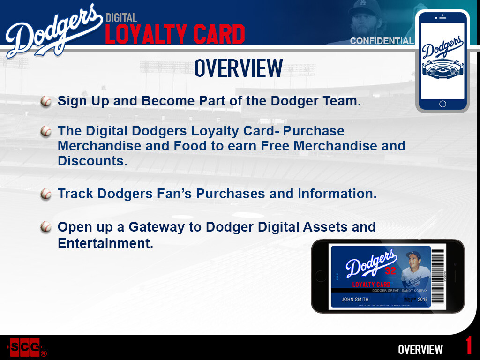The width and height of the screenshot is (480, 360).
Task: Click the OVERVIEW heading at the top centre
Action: [239, 68]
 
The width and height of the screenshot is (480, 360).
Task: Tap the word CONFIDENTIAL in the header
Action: [382, 41]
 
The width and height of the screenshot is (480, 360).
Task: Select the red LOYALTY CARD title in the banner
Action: [175, 35]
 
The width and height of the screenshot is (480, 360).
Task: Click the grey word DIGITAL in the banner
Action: [121, 18]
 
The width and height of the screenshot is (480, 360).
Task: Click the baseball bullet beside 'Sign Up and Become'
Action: [46, 101]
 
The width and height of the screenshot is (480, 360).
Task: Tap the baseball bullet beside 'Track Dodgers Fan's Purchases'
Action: [46, 194]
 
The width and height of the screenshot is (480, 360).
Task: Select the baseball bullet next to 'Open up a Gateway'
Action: [46, 227]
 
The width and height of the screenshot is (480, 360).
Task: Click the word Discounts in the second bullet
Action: [92, 161]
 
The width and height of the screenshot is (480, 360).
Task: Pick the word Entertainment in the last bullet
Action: [105, 244]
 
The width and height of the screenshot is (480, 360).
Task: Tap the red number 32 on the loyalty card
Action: [390, 271]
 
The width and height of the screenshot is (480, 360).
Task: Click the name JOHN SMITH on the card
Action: [355, 299]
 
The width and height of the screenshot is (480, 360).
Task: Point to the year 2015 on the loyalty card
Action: [423, 299]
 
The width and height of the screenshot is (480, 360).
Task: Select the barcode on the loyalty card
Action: [437, 276]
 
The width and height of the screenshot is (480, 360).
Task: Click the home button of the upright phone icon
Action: [442, 104]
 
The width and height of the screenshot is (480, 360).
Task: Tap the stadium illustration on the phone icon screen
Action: [442, 70]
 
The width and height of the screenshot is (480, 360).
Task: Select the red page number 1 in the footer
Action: [469, 346]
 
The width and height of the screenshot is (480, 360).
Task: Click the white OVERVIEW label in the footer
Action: [420, 350]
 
